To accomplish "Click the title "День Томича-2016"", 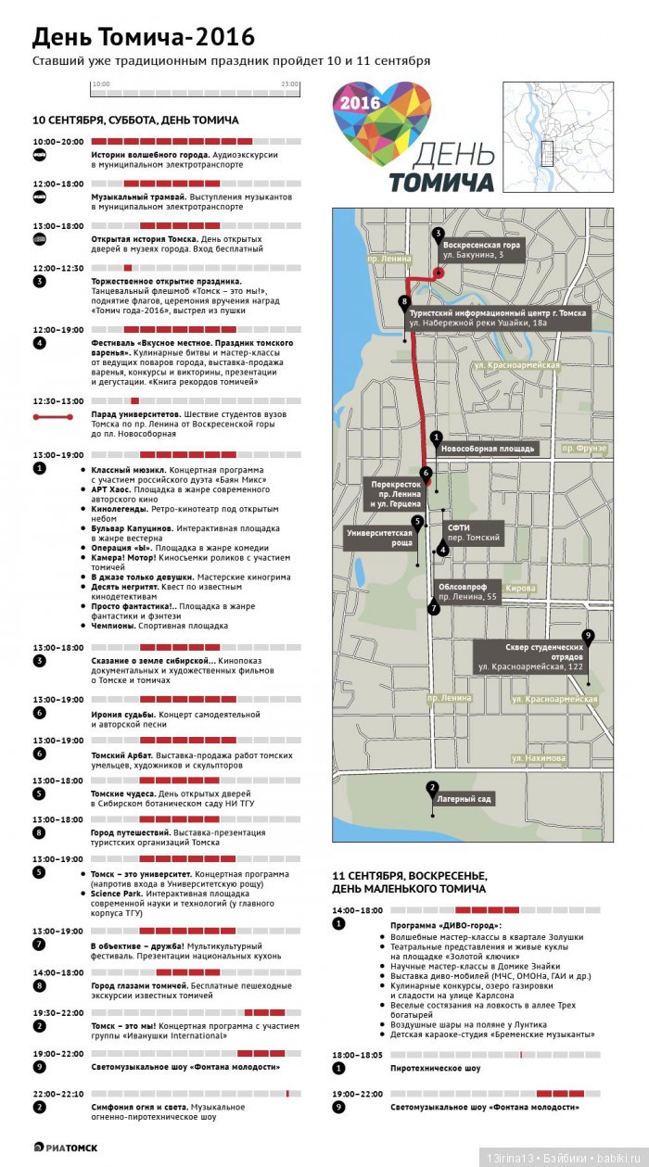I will (144, 37).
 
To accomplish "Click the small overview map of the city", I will (558, 136).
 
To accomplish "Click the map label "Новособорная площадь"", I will (488, 449).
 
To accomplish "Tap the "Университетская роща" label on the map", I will (378, 538).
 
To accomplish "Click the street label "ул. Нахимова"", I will (539, 758).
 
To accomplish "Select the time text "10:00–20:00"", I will (57, 142).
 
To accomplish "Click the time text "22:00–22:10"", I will (57, 1094).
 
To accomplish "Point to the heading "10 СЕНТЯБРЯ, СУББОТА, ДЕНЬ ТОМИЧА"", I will (135, 121).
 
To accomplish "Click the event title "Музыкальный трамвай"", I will (138, 197).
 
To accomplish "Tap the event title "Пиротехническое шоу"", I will (435, 1068).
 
